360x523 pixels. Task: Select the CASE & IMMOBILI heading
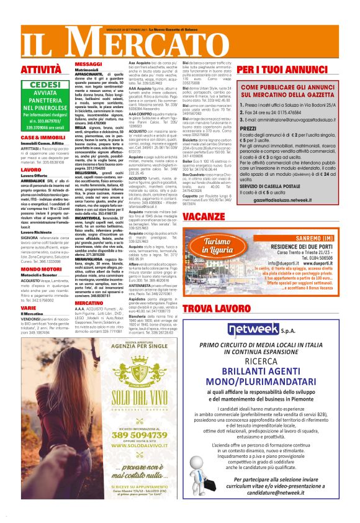point(38,137)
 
